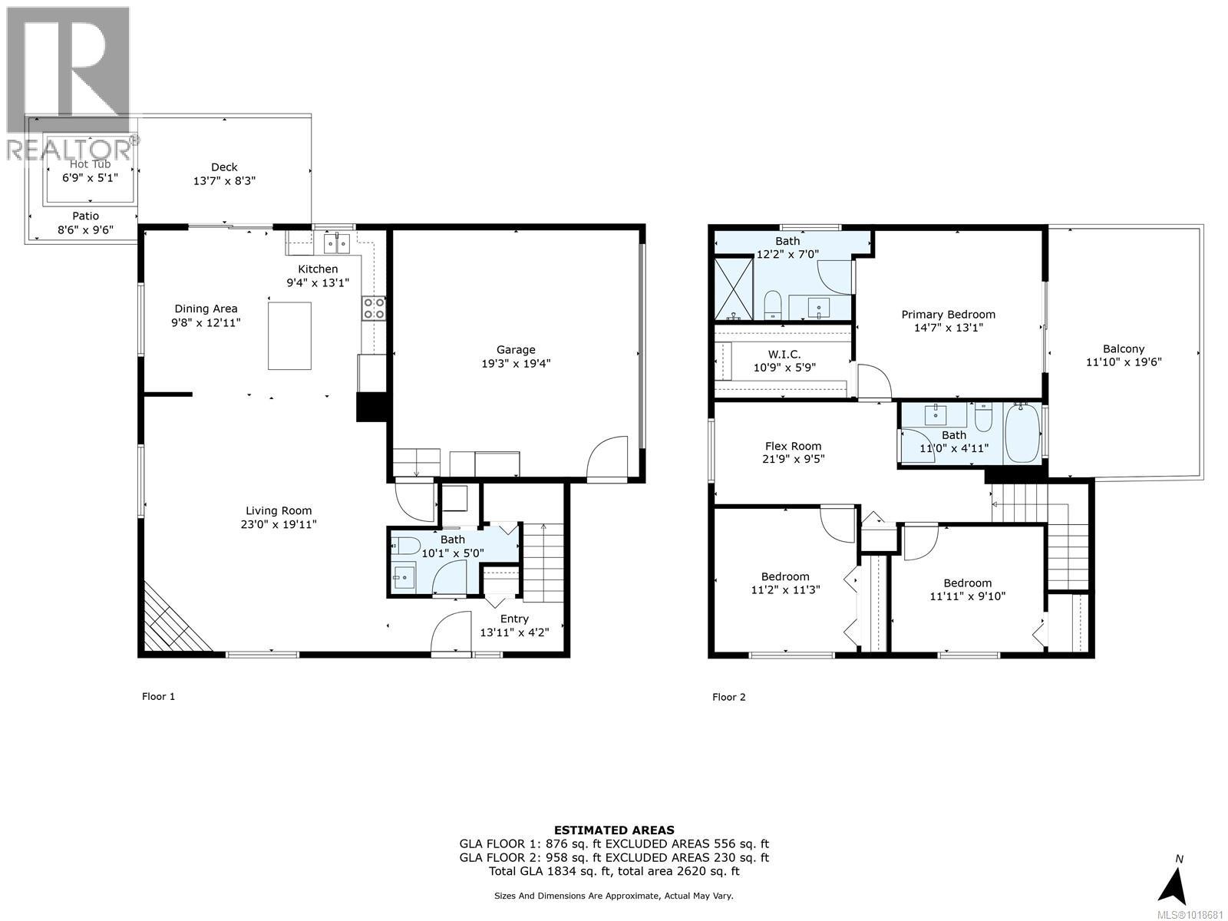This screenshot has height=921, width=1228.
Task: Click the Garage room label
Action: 515,350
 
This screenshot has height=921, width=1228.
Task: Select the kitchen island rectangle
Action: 289,335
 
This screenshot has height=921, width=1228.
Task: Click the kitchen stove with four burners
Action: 374,308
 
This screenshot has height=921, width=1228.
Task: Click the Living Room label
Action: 279,510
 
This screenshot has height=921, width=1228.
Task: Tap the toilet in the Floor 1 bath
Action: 406,546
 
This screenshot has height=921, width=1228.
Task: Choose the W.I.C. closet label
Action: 784,354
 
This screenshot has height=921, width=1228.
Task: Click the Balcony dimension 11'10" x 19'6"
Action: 1124,361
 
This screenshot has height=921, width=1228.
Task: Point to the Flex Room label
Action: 793,446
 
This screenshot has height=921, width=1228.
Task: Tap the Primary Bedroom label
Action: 948,314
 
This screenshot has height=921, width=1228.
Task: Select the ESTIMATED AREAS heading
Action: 614,830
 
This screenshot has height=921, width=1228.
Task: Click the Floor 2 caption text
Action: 728,697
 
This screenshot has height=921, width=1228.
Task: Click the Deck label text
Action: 224,167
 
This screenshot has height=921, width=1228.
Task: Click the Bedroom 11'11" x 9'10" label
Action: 967,583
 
